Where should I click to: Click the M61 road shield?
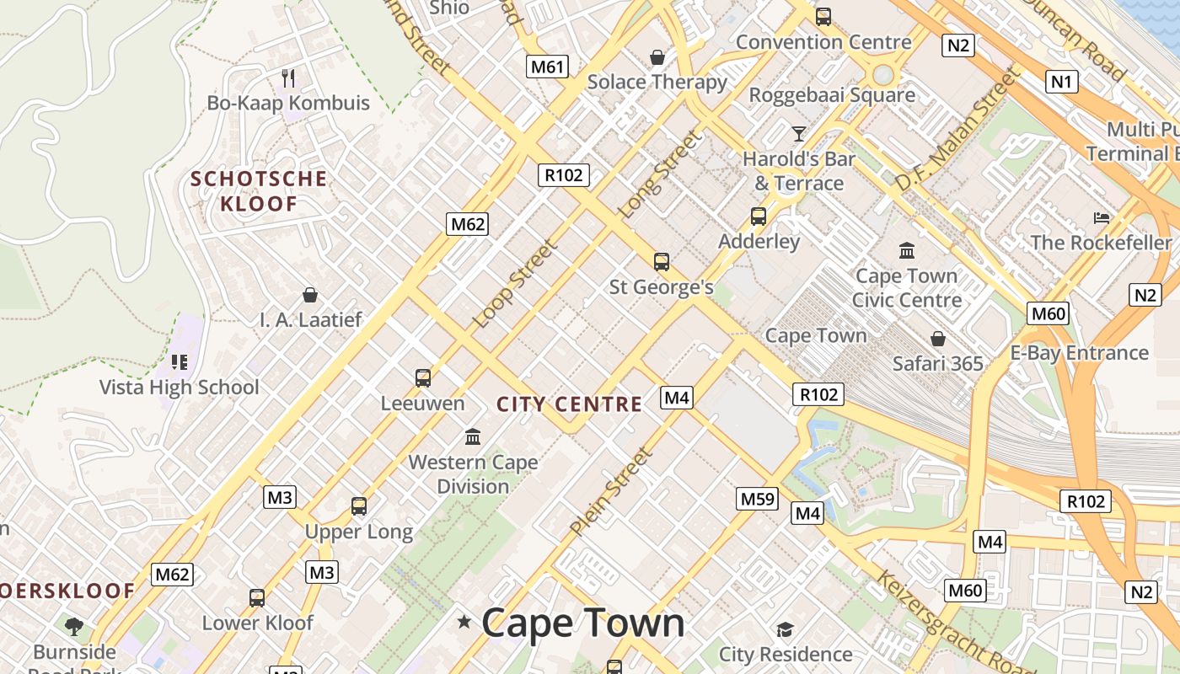[x=547, y=67]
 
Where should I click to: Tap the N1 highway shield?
[x=1062, y=82]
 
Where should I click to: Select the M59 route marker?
[x=756, y=499]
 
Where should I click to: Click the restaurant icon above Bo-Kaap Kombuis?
[x=288, y=78]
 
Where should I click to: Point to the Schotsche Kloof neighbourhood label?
[x=260, y=191]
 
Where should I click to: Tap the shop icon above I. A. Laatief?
[x=310, y=295]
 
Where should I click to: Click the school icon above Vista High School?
[x=179, y=362]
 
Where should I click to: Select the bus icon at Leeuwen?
[x=423, y=378]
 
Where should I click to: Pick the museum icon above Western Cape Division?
[x=473, y=437]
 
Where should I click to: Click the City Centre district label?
[x=569, y=404]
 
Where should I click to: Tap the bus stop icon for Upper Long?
[x=359, y=506]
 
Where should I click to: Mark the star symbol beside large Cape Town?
[x=464, y=623]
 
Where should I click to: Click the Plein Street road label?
[x=611, y=492]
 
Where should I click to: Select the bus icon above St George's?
[x=662, y=262]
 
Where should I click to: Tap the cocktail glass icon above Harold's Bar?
[x=798, y=133]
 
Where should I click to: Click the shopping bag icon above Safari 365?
[x=937, y=339]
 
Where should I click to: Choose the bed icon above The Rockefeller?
[x=1101, y=218]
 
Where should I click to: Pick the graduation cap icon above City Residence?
[x=785, y=629]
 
